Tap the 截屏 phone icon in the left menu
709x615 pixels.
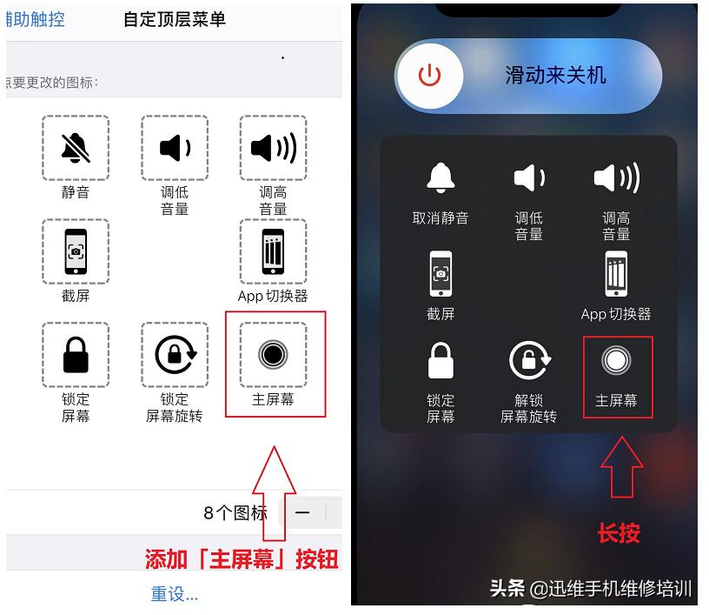76,251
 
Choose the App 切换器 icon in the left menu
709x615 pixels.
273,251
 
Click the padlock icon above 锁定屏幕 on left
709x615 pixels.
76,355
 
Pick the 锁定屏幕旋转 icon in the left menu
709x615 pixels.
175,355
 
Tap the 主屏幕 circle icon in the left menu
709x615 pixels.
273,355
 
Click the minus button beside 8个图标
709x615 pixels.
302,512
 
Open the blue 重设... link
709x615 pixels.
175,594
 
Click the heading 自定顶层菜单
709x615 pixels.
175,19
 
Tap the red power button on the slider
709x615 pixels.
430,76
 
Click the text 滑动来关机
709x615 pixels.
555,76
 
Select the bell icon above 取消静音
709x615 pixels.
441,178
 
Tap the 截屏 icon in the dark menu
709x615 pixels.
441,274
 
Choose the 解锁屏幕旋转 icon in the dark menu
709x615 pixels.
528,361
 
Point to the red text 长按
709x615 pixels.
619,533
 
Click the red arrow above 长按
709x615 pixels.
621,468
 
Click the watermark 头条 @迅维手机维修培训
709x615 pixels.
591,589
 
